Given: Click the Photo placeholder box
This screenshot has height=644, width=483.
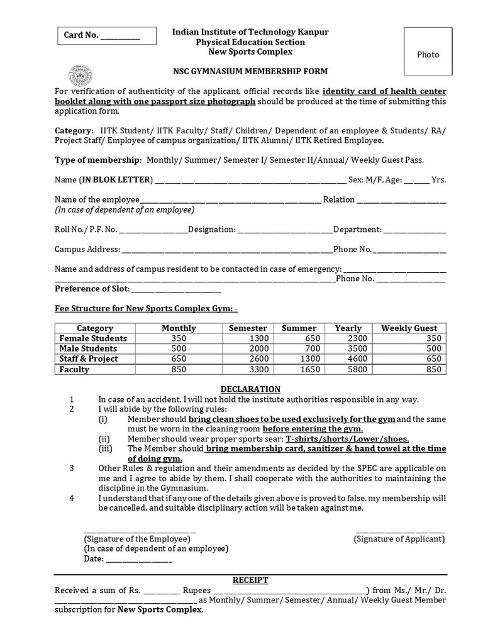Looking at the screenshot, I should pos(428,55).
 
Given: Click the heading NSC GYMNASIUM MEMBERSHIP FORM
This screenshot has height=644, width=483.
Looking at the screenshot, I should pos(250,72).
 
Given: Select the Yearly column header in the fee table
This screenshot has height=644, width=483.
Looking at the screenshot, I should pos(348,328).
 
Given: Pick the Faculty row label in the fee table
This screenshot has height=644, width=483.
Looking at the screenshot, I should pos(74,369).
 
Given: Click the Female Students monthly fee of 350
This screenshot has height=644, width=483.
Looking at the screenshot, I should pos(179,338).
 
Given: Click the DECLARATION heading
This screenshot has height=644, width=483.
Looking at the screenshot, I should pos(250,389).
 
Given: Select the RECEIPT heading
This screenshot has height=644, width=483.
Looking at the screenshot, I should pos(250,579).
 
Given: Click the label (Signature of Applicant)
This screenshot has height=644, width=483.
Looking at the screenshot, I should pos(399,539).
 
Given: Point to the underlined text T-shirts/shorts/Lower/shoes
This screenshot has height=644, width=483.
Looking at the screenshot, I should pos(347,439).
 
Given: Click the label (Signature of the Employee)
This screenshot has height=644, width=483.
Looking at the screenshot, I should pos(136,539).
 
